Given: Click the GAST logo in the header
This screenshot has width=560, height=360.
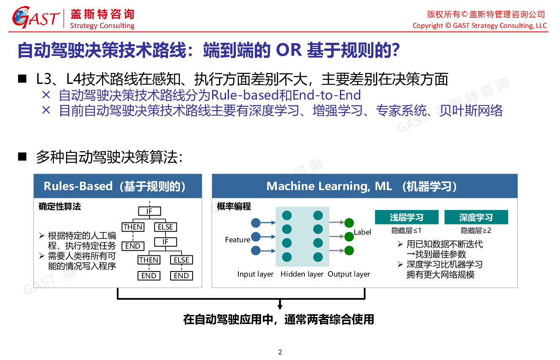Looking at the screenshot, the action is [x=36, y=17].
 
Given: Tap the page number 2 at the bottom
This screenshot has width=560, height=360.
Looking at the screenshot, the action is [x=280, y=352].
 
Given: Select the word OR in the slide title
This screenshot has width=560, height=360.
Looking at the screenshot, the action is [x=289, y=50].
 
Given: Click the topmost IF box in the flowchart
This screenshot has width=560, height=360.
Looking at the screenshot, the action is [x=149, y=211].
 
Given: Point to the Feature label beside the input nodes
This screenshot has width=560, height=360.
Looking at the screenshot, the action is [x=237, y=240].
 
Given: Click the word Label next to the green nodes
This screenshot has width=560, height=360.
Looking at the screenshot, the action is [x=362, y=232].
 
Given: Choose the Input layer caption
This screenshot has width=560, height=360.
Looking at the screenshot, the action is [x=255, y=274].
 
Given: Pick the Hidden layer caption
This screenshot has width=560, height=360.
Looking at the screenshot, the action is [x=302, y=274].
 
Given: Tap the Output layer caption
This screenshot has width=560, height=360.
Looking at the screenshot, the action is [x=349, y=274].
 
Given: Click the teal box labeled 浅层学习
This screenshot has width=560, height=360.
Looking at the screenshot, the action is [x=406, y=217].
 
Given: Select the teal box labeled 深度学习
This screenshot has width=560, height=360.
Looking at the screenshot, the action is [x=476, y=217].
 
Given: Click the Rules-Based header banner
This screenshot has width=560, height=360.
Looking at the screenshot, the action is [x=118, y=186].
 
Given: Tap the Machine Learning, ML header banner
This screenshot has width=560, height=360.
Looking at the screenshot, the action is [x=364, y=186].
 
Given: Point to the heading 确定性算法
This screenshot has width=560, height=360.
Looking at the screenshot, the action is [x=60, y=207].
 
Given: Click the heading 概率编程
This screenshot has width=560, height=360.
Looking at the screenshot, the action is [x=234, y=206].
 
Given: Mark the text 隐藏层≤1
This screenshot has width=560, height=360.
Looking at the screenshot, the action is [x=406, y=230].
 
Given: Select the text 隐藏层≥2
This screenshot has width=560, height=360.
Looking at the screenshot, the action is [x=476, y=230].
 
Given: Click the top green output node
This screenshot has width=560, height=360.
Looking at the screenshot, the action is [x=349, y=223].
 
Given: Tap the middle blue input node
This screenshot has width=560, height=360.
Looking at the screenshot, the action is [x=256, y=237].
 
